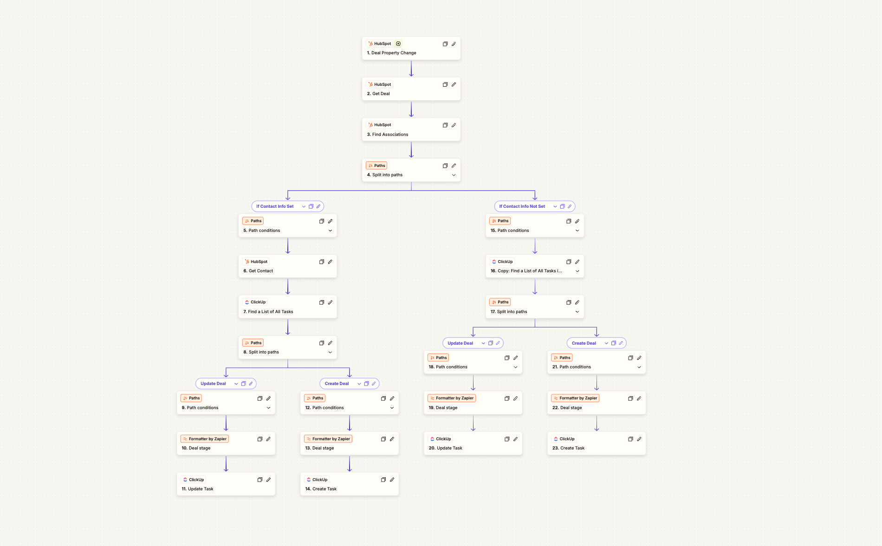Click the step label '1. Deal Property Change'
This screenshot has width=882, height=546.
pyautogui.click(x=391, y=53)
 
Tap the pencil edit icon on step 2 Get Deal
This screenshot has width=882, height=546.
pyautogui.click(x=454, y=84)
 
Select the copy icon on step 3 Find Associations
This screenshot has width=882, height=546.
pyautogui.click(x=445, y=125)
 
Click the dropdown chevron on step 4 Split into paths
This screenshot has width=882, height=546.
pyautogui.click(x=454, y=175)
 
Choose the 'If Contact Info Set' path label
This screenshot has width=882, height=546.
pyautogui.click(x=275, y=206)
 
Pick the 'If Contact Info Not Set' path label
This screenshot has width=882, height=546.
pyautogui.click(x=522, y=206)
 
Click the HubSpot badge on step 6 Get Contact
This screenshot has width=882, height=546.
pyautogui.click(x=256, y=262)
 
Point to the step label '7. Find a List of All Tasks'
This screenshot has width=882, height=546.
pyautogui.click(x=268, y=312)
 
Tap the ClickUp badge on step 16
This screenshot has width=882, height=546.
pyautogui.click(x=502, y=262)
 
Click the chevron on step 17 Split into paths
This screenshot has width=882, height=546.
pyautogui.click(x=577, y=312)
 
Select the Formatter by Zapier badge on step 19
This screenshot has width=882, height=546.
pyautogui.click(x=452, y=398)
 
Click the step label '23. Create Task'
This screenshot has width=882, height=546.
pyautogui.click(x=568, y=448)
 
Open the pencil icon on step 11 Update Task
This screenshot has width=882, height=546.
pyautogui.click(x=268, y=480)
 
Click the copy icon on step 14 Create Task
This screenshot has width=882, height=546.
pyautogui.click(x=383, y=480)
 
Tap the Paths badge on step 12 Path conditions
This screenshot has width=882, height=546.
pyautogui.click(x=315, y=398)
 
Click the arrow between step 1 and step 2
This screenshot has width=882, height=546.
pyautogui.click(x=411, y=68)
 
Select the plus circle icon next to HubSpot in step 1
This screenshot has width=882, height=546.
pyautogui.click(x=398, y=44)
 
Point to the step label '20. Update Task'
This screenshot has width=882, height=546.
pyautogui.click(x=446, y=448)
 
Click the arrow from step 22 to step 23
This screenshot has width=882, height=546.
pyautogui.click(x=597, y=423)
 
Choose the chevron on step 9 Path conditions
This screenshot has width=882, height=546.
pyautogui.click(x=268, y=408)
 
